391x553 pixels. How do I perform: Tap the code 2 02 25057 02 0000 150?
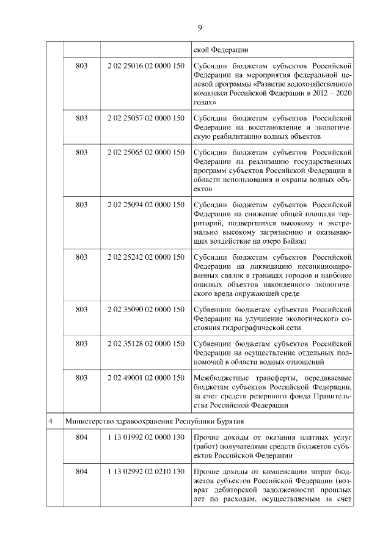pyautogui.click(x=145, y=117)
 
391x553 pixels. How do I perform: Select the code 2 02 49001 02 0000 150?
pyautogui.click(x=145, y=378)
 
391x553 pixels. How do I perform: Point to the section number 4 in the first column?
pyautogui.click(x=54, y=422)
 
